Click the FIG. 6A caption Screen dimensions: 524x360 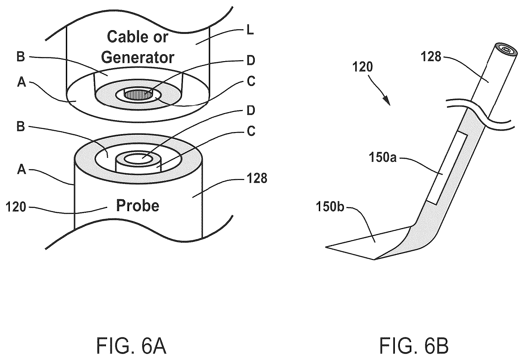pos(131,345)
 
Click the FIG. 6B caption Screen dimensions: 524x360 pos(414,345)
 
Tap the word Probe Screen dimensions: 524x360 pos(138,206)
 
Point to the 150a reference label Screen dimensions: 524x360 pos(382,158)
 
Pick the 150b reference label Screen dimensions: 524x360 pos(330,207)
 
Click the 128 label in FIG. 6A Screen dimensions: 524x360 pos(257,178)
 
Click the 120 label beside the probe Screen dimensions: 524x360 pos(16,207)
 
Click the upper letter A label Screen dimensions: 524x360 pos(22,83)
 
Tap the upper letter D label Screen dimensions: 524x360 pos(251,61)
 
